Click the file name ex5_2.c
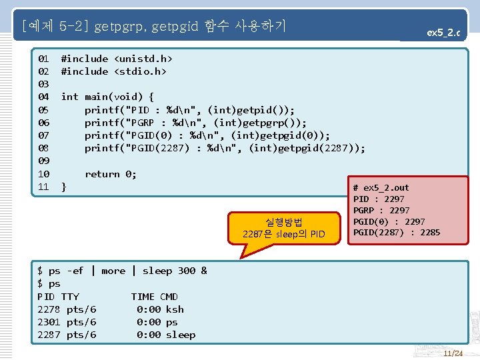443,31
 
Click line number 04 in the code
43,97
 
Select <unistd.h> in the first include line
143,59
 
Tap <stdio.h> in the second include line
140,71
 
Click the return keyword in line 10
102,174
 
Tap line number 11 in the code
43,187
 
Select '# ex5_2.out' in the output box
381,188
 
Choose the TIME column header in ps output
143,297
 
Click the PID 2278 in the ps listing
49,309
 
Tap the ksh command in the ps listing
175,309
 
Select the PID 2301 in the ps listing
49,322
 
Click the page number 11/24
453,353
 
